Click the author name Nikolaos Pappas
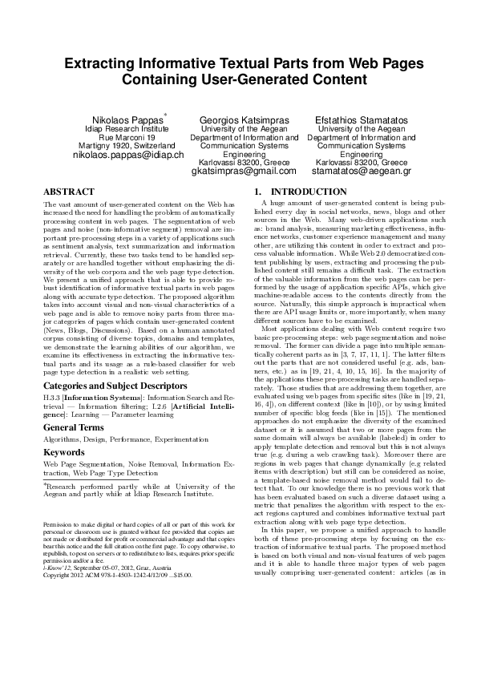[131, 119]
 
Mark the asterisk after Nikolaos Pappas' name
[164, 115]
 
